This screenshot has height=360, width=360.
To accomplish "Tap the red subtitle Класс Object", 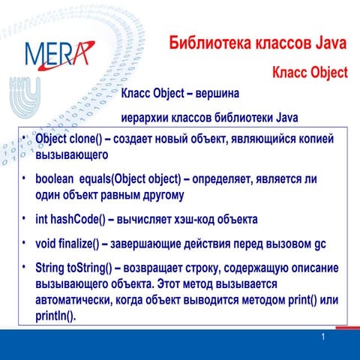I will tap(310, 73).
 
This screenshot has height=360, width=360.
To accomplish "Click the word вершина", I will tap(218, 94).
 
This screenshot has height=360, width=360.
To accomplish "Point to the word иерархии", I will tap(147, 118).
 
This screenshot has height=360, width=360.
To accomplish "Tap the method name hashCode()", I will tap(79, 220).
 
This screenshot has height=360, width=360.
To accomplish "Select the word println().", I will tap(56, 316).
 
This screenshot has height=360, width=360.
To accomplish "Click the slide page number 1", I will tap(322, 337).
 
